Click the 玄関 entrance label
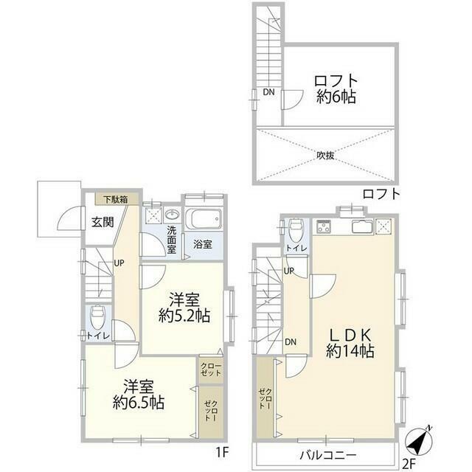tap(103, 223)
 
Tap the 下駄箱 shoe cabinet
tap(117, 199)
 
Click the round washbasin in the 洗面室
tap(172, 215)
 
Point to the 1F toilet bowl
tap(97, 318)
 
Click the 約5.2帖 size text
tap(184, 316)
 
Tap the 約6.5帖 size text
tap(139, 403)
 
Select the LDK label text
tap(350, 335)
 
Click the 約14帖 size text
tap(350, 351)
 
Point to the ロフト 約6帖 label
tap(336, 88)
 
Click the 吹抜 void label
tap(325, 156)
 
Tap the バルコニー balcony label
tap(327, 455)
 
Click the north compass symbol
tap(419, 441)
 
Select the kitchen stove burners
tap(324, 226)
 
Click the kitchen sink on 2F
tap(362, 226)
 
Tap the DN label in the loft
tap(268, 92)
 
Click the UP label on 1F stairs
tap(119, 263)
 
